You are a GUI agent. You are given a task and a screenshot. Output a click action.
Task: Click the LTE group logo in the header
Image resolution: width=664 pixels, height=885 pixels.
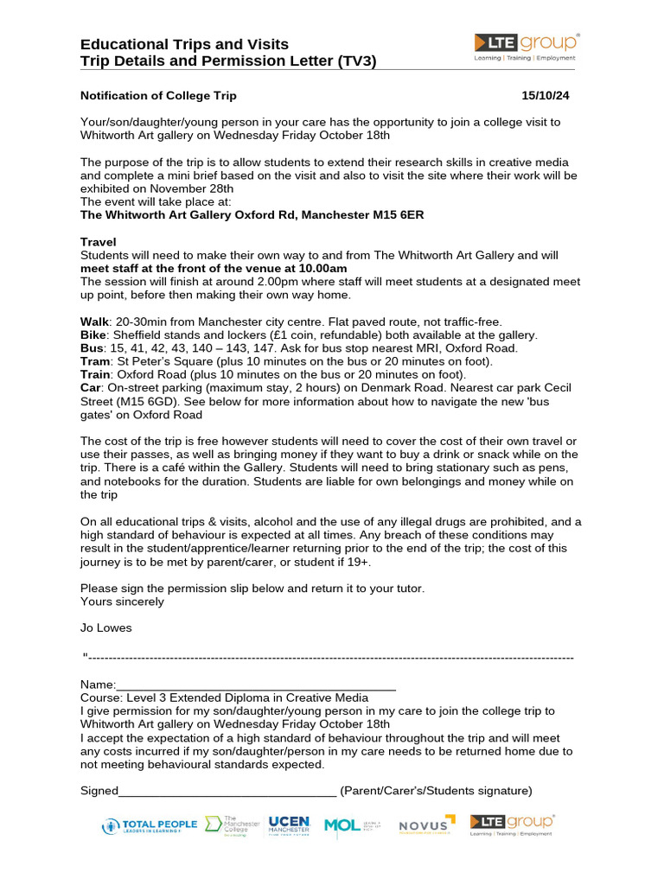pos(527,47)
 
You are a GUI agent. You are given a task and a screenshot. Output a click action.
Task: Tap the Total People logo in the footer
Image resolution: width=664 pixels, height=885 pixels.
pos(149,826)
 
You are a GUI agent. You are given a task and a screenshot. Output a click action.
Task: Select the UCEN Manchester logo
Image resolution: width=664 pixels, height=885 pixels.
pos(289,825)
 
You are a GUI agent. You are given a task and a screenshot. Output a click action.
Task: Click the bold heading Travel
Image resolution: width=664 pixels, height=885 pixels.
pos(99,242)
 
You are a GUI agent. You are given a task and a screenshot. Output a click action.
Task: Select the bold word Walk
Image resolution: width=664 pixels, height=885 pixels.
pos(94,322)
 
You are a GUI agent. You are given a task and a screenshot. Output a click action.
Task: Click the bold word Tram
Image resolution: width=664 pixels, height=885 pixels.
pos(96,361)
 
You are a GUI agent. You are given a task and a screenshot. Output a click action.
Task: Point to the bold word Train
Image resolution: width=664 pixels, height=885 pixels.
pos(97,375)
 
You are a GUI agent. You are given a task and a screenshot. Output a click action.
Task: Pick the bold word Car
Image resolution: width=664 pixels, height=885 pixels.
pos(91,389)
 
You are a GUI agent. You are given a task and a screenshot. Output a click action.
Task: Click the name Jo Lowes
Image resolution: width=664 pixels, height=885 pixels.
pos(106,627)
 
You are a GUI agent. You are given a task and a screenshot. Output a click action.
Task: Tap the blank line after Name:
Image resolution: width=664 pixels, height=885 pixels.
pos(256,685)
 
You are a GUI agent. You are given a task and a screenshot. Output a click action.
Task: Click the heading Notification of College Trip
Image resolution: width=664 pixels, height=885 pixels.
pos(158,95)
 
